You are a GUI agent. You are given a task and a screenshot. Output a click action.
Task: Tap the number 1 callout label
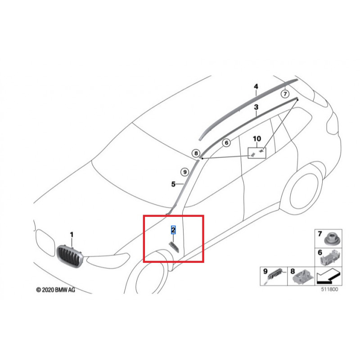(71, 234)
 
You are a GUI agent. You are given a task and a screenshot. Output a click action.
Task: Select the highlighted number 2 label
(173, 230)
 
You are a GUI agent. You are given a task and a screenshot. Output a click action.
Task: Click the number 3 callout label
(256, 108)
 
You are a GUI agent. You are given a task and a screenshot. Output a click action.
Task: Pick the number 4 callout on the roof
(256, 86)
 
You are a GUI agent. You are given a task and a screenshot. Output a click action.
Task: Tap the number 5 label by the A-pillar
(173, 184)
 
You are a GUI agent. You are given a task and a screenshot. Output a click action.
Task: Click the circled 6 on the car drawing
(226, 143)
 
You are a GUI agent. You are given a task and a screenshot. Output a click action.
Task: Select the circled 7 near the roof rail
(284, 94)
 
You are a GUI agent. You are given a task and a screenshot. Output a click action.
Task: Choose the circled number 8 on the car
(197, 153)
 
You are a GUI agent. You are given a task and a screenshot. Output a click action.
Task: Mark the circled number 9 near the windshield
(184, 171)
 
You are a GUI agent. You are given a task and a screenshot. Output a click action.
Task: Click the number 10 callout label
(256, 139)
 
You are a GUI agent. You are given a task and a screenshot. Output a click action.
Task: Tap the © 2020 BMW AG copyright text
(56, 291)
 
